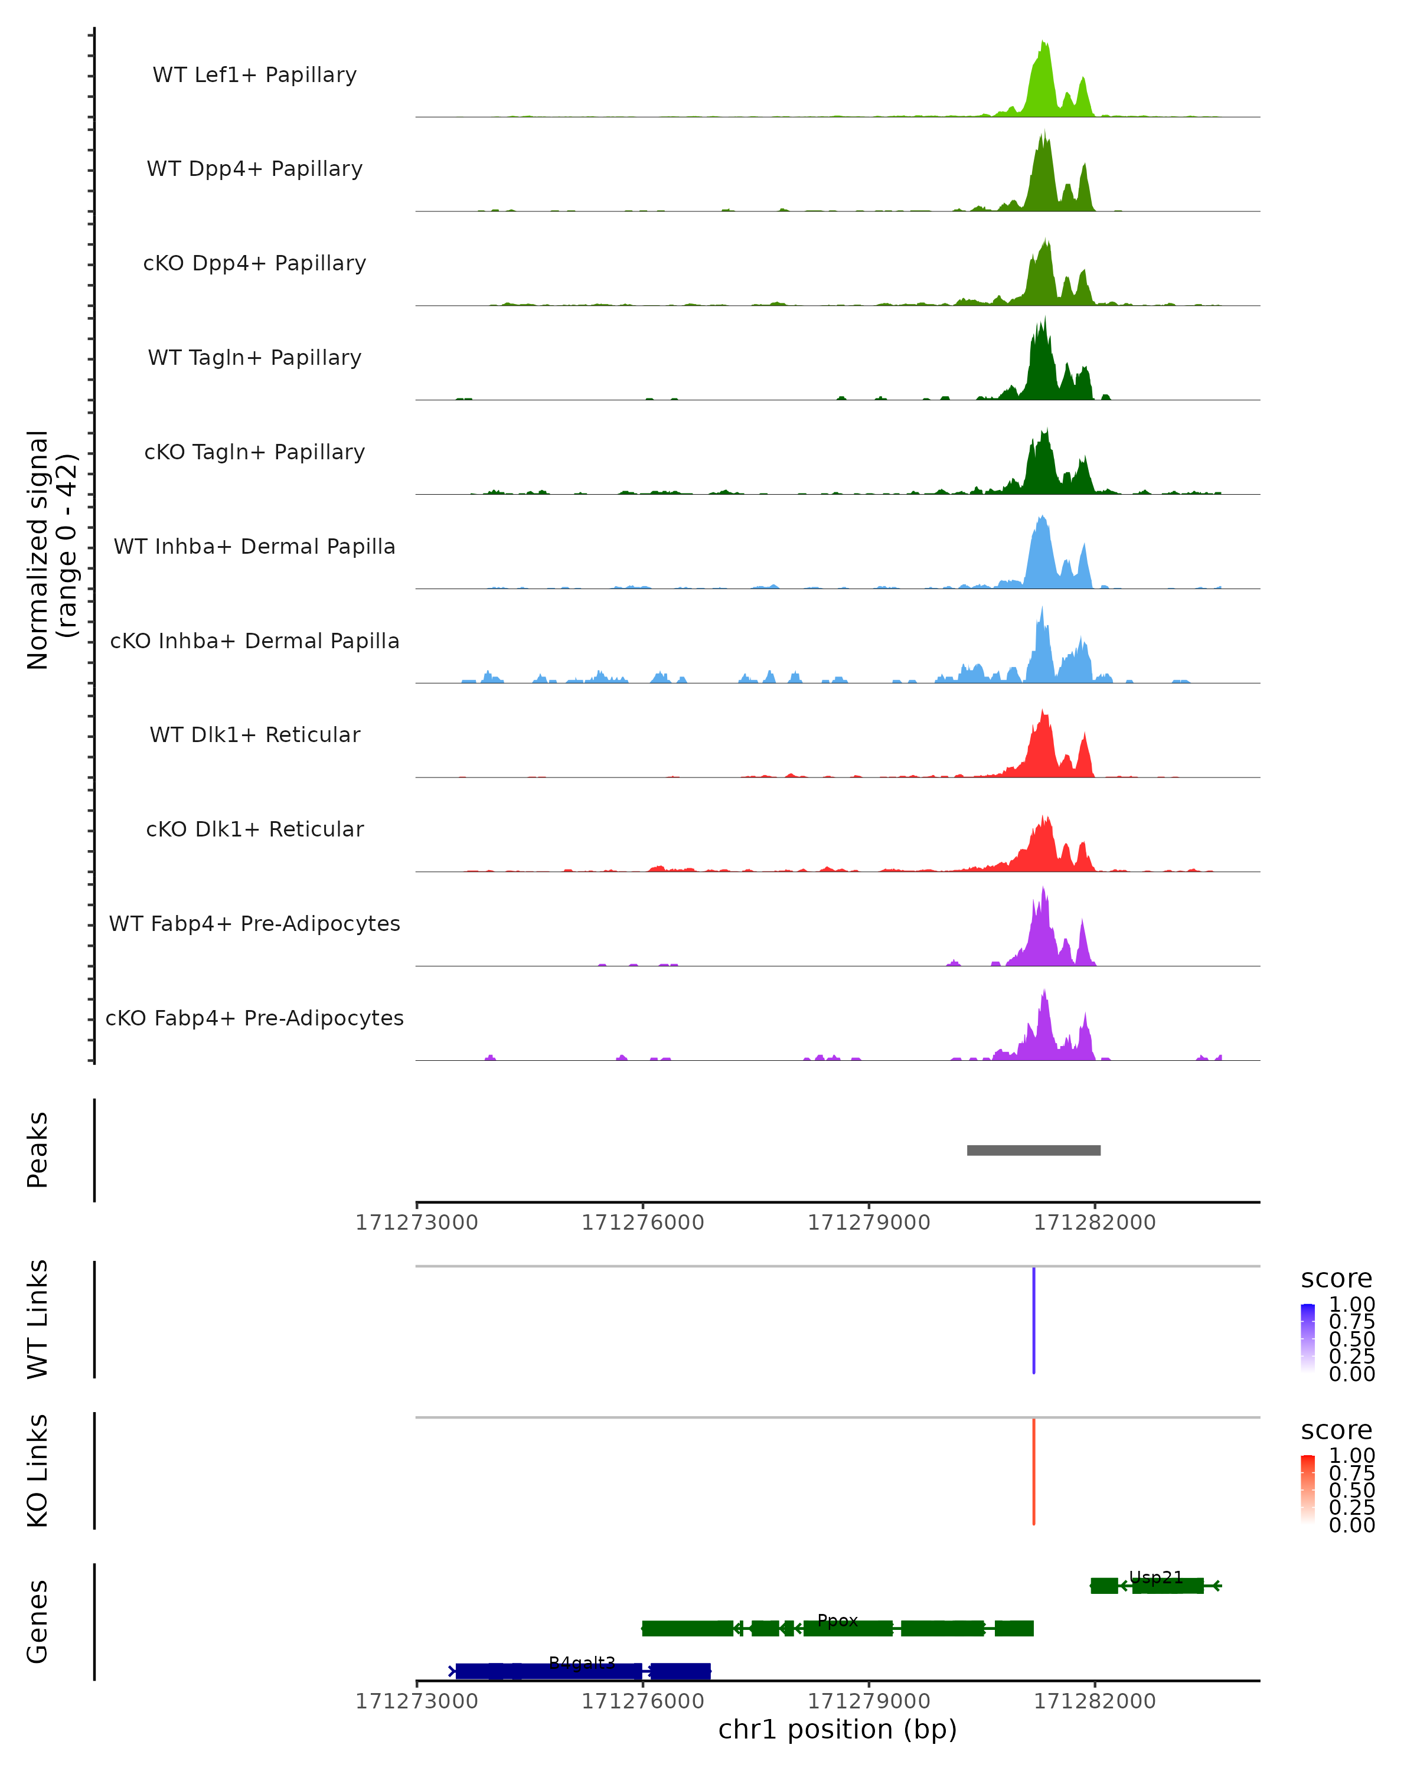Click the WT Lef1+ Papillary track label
tap(254, 75)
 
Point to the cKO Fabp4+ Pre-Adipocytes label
tap(254, 1018)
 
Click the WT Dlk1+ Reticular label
tap(254, 734)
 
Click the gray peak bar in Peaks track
tap(1033, 1150)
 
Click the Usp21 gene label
tap(1156, 1577)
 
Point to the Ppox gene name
tap(837, 1620)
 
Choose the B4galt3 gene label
tap(582, 1664)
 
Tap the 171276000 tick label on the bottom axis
tap(642, 1701)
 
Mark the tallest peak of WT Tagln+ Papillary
tap(1045, 319)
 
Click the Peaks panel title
tap(38, 1150)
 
